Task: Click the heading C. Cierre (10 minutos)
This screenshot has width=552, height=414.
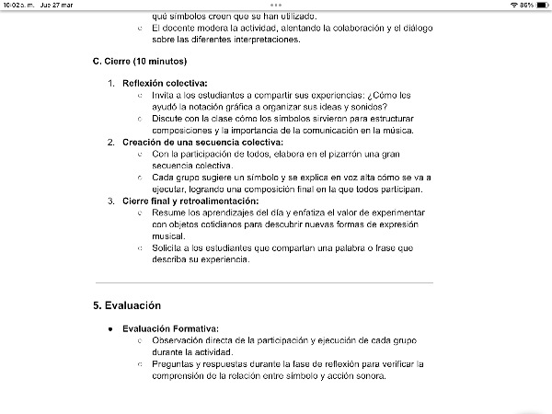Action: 140,61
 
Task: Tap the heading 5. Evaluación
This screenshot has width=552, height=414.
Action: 127,305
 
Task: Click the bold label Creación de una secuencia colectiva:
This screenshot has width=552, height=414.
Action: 202,142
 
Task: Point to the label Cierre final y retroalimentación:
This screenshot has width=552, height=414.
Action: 190,201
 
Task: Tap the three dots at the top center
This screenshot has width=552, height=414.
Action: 276,6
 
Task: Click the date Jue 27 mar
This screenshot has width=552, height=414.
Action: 57,6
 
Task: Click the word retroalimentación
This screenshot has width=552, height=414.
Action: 221,201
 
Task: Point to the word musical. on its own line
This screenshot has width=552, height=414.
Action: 168,236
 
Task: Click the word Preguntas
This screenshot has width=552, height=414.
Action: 175,363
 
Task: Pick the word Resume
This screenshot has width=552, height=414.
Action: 169,213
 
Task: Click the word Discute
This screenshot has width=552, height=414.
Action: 169,119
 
